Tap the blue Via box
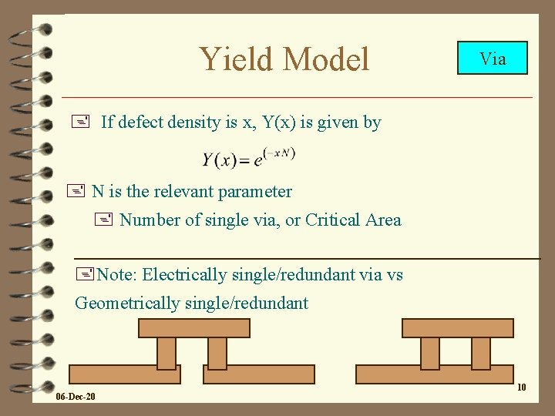click(x=493, y=58)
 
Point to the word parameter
click(x=255, y=191)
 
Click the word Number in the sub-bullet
click(x=148, y=220)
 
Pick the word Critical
click(x=335, y=220)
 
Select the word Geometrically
click(x=127, y=303)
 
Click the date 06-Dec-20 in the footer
click(x=76, y=397)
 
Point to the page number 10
click(x=522, y=387)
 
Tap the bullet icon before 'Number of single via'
click(x=106, y=220)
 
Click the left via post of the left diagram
click(x=166, y=353)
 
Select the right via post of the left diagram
click(x=217, y=353)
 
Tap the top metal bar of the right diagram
click(x=457, y=328)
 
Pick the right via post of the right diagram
click(x=481, y=353)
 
